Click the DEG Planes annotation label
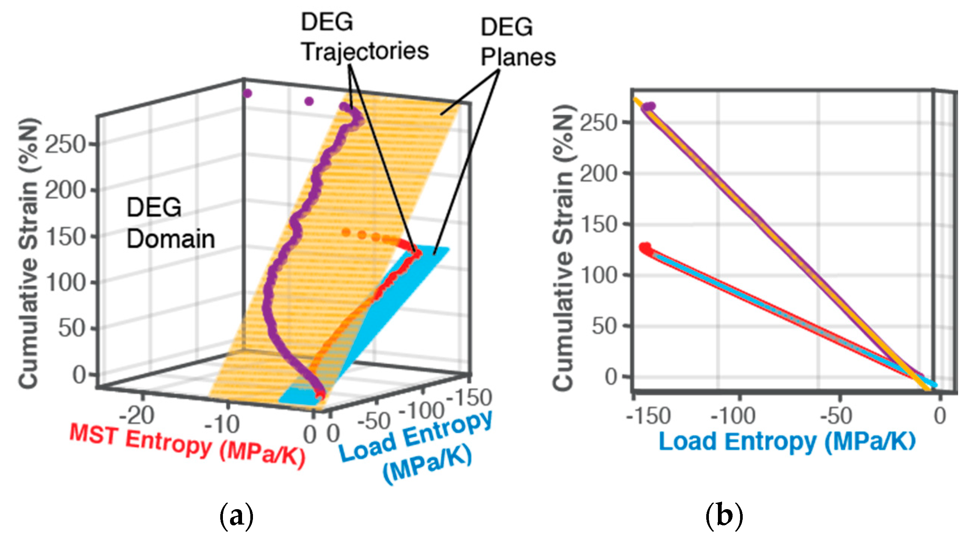(x=518, y=42)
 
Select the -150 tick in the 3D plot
(x=469, y=398)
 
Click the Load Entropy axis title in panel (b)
(x=787, y=442)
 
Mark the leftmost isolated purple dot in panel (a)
(x=248, y=94)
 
